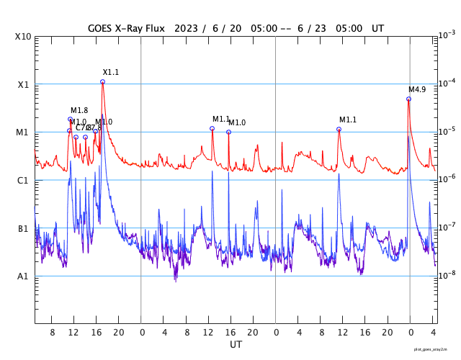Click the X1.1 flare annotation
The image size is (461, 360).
pyautogui.click(x=110, y=73)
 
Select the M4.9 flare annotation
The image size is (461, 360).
pyautogui.click(x=417, y=90)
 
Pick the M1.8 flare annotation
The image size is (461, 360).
pyautogui.click(x=79, y=111)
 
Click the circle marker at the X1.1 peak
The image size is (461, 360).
pyautogui.click(x=102, y=82)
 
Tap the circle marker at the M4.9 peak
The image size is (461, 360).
pyautogui.click(x=408, y=99)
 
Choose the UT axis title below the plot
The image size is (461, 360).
pyautogui.click(x=236, y=345)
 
